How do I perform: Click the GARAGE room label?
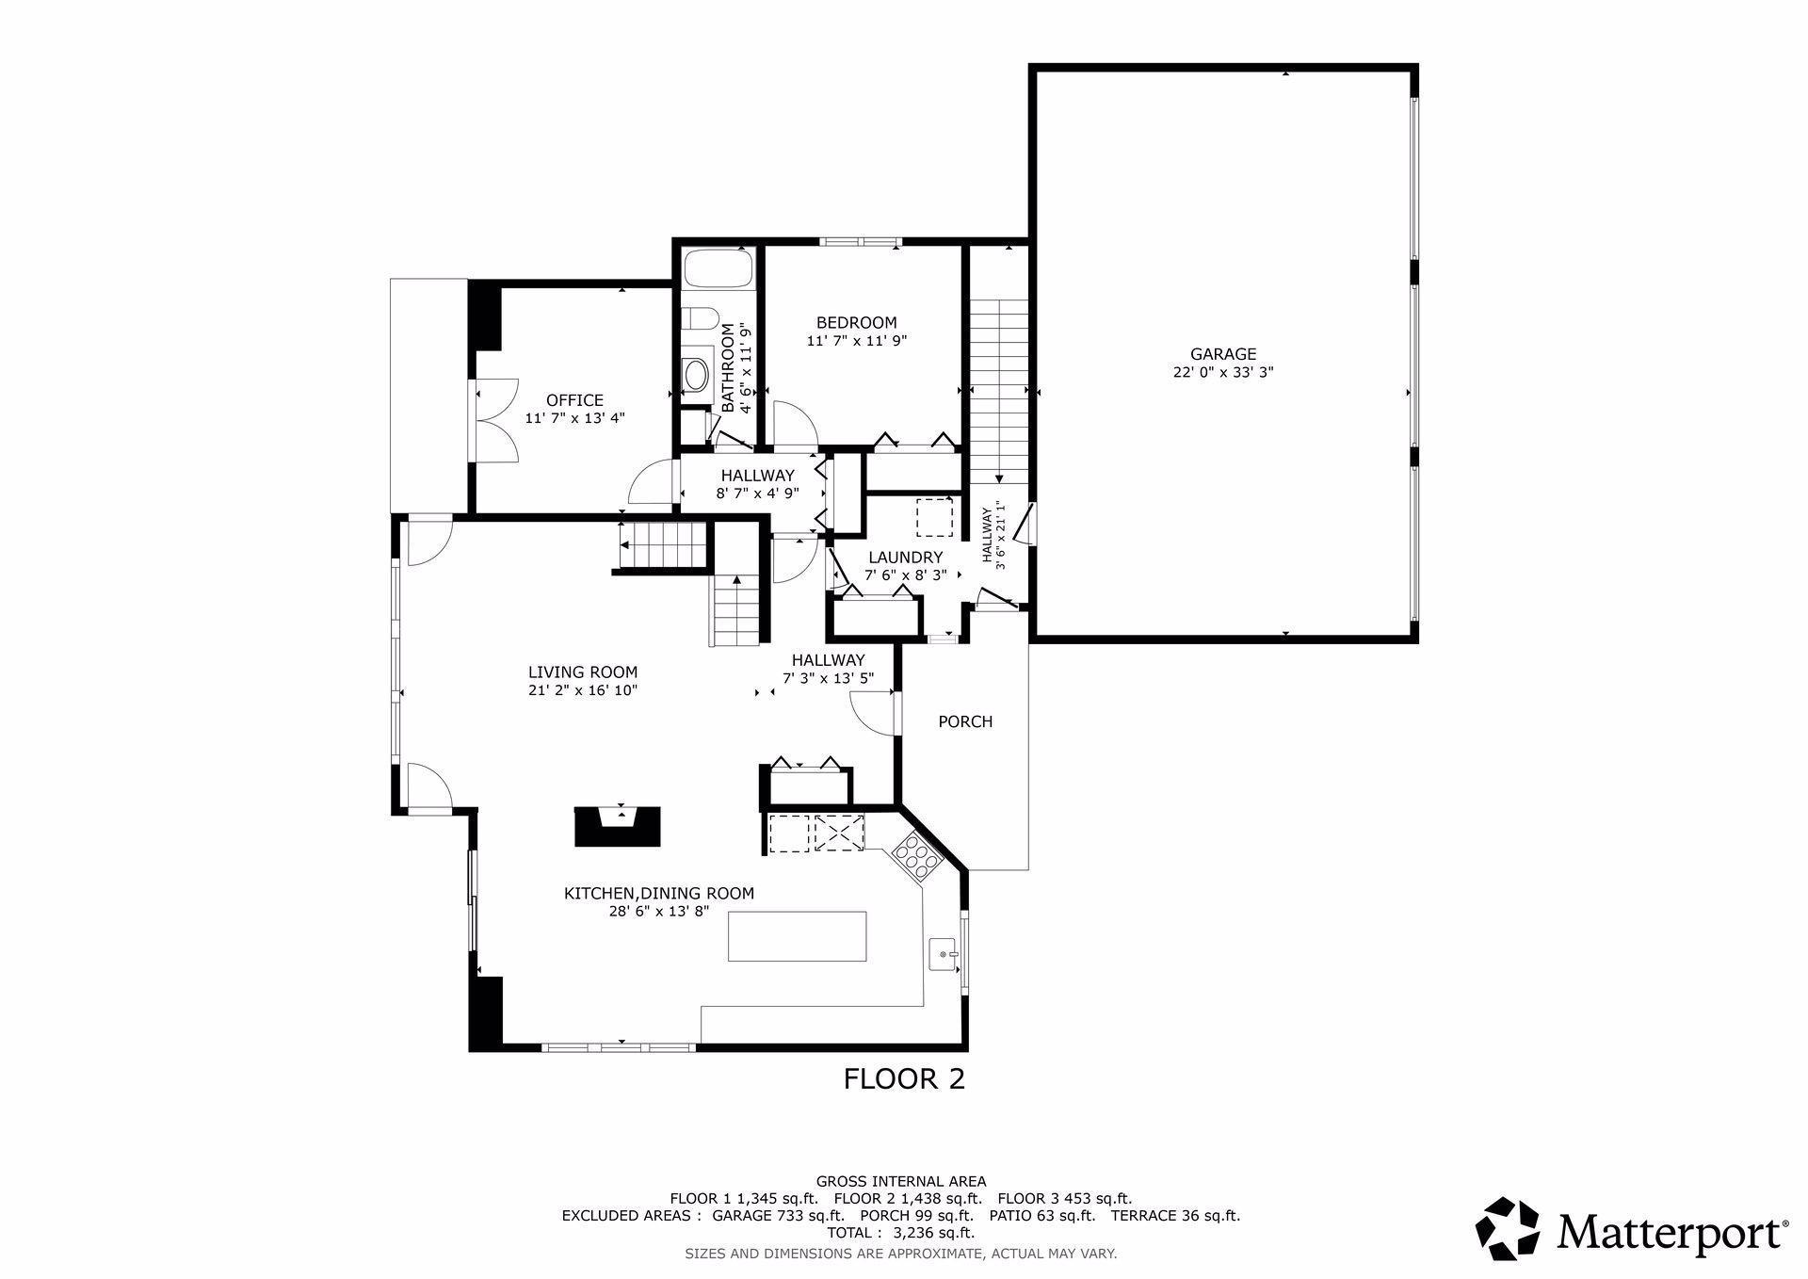tap(1222, 354)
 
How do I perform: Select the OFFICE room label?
tap(574, 400)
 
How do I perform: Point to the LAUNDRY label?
tap(905, 558)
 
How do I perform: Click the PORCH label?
tap(965, 721)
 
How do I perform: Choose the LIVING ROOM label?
tap(583, 672)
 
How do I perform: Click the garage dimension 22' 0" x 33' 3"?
tap(1222, 372)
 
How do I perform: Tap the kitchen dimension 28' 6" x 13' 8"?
tap(658, 911)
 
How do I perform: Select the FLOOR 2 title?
tap(904, 1078)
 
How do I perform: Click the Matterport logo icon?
tap(1507, 1228)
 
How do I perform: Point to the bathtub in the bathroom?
tap(718, 269)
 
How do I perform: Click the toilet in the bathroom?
tap(702, 318)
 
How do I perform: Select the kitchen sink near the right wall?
tap(944, 954)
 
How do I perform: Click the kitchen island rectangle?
tap(798, 936)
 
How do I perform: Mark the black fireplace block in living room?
tap(619, 827)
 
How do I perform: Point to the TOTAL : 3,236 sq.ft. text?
tap(900, 1232)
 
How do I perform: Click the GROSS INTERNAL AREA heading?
tap(901, 1181)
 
